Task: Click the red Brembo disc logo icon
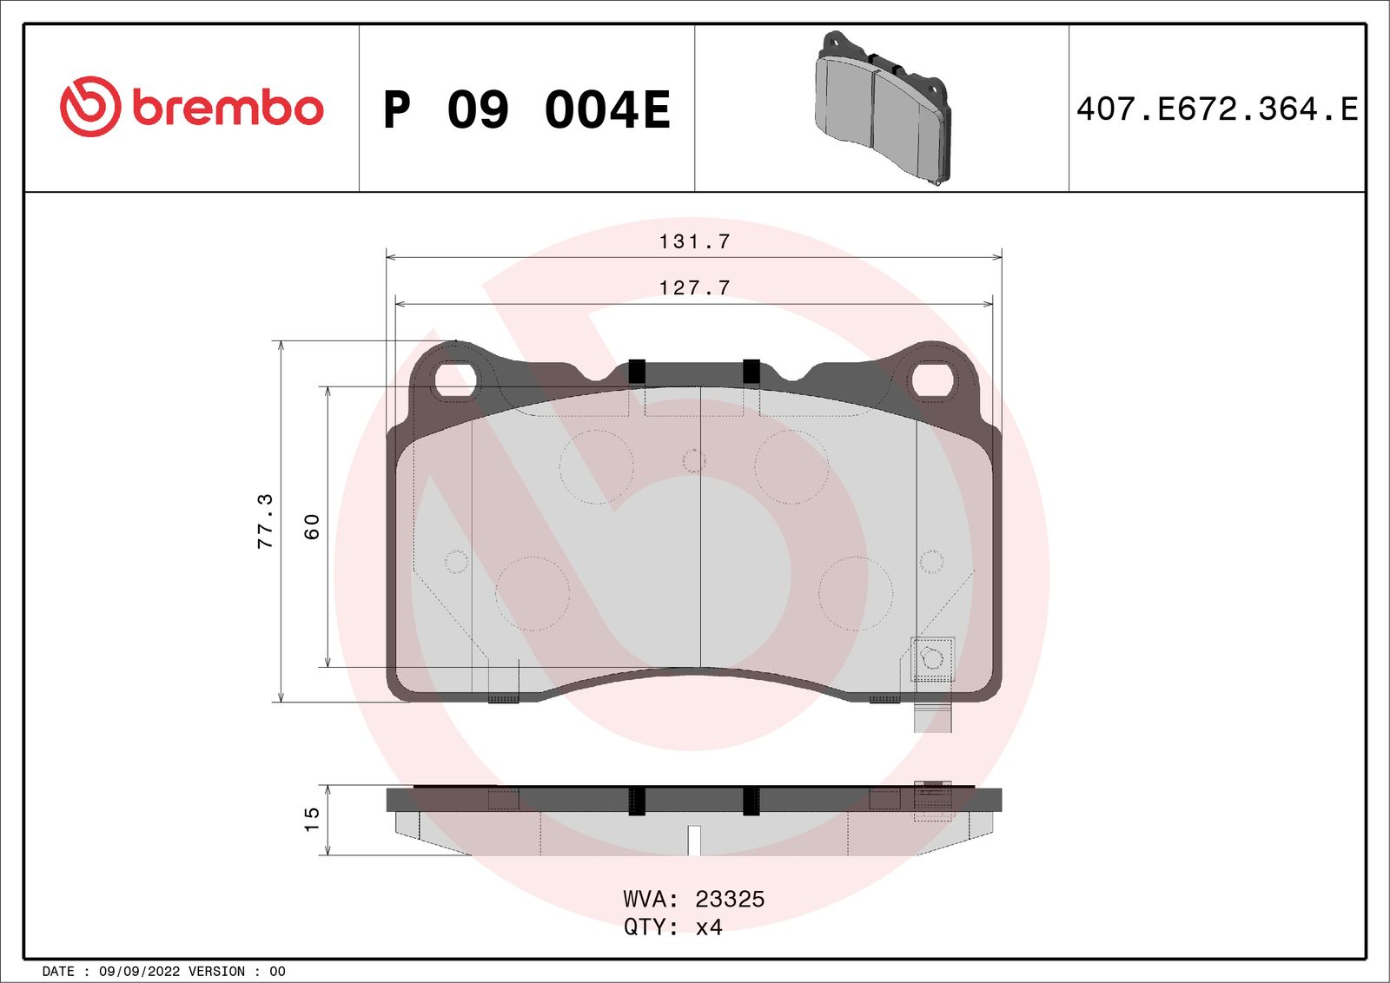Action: tap(89, 107)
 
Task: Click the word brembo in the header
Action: tap(228, 108)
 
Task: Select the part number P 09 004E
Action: tap(526, 109)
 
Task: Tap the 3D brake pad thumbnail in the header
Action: tap(882, 108)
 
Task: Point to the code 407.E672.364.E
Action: tap(1217, 109)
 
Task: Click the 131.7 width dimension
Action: tap(694, 241)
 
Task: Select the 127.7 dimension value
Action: tap(694, 287)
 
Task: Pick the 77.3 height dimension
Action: tap(265, 521)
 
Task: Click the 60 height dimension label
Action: tap(312, 526)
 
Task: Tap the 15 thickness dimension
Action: tap(312, 819)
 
